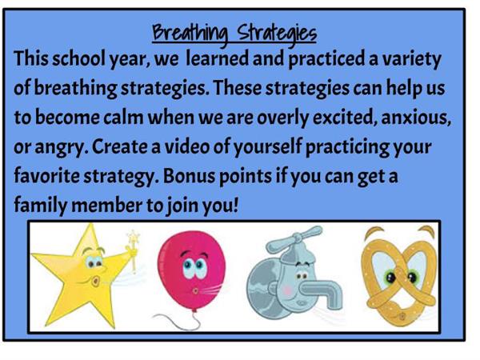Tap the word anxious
[416, 118]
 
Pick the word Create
[126, 147]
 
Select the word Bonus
[189, 177]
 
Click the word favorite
[46, 177]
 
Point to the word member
[107, 206]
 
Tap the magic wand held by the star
[134, 250]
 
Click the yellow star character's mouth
[96, 281]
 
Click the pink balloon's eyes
[194, 267]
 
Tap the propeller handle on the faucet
[294, 238]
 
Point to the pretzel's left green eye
[390, 278]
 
